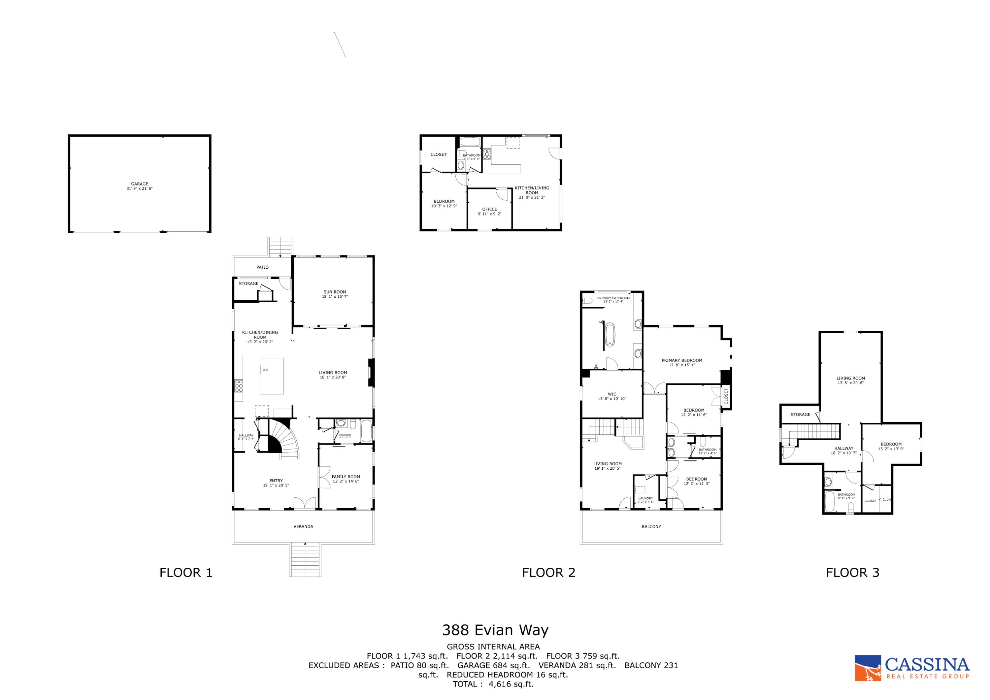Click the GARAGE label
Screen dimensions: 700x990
tap(139, 184)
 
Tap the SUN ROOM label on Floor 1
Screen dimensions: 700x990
tap(335, 292)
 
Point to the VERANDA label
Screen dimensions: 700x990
tap(303, 527)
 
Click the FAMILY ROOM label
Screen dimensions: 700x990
tap(346, 477)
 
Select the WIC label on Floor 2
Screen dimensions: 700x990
tap(612, 394)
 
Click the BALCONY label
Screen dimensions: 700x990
tap(651, 527)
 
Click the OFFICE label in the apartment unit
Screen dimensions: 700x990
tap(489, 209)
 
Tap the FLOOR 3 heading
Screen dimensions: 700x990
tap(852, 573)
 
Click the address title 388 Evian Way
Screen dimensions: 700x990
tap(495, 630)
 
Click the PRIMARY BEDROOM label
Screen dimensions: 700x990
tap(682, 361)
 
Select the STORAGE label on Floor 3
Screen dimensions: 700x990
tap(800, 415)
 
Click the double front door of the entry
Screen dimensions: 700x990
tap(304, 503)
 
